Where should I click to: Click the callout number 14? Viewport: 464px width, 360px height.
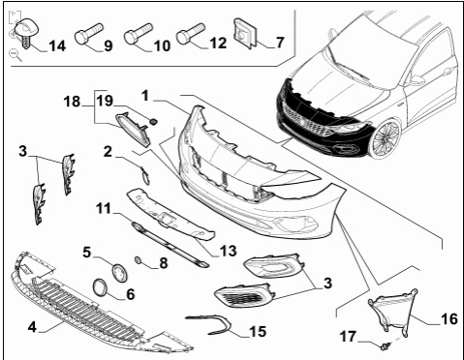[57, 45]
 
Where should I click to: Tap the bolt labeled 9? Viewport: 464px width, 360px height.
[89, 33]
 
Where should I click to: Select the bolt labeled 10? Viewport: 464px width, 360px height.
[139, 34]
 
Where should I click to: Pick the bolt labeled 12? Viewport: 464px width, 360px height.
[191, 33]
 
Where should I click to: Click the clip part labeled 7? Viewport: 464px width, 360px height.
[244, 33]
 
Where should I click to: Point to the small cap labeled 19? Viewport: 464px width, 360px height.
[154, 122]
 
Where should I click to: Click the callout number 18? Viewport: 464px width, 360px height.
[72, 102]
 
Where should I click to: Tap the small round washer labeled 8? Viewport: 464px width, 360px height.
[138, 259]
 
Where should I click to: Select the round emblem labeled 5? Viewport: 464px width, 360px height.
[120, 273]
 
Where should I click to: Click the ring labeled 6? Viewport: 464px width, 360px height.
[100, 287]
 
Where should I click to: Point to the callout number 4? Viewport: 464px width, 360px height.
[32, 327]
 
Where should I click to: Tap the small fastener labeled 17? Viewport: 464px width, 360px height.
[385, 346]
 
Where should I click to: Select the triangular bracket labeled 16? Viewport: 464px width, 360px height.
[392, 312]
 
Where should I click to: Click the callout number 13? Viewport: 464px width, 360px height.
[229, 251]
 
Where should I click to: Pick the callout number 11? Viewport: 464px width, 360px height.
[104, 208]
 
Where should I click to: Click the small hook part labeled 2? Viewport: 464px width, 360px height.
[144, 175]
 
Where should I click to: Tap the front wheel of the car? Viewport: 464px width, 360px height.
[387, 138]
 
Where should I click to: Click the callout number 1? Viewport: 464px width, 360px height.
[145, 96]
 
